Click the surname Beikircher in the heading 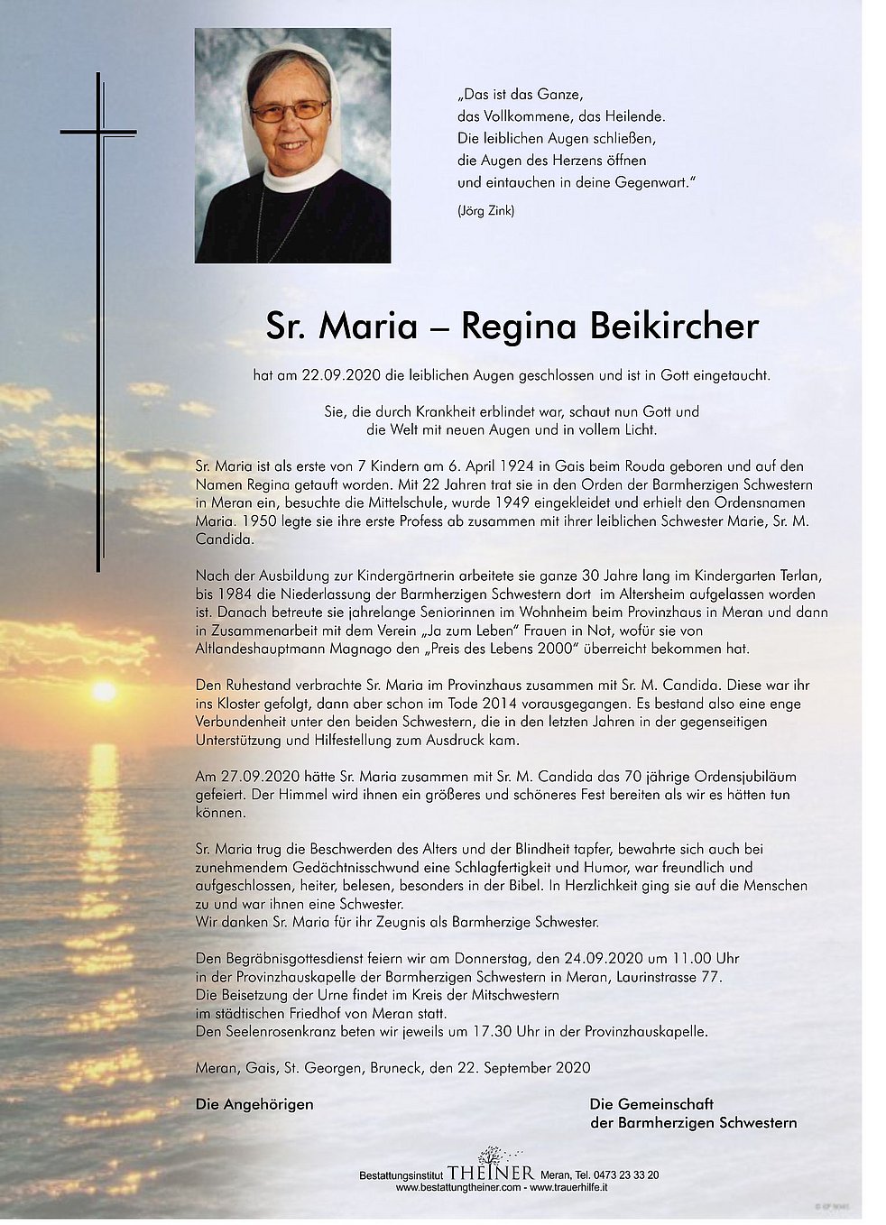pos(674,327)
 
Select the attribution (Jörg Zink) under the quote pos(486,211)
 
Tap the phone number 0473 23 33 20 pos(623,1174)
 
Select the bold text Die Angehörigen pos(254,1104)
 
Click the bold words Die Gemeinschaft pos(651,1104)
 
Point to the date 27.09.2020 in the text pos(249,776)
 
